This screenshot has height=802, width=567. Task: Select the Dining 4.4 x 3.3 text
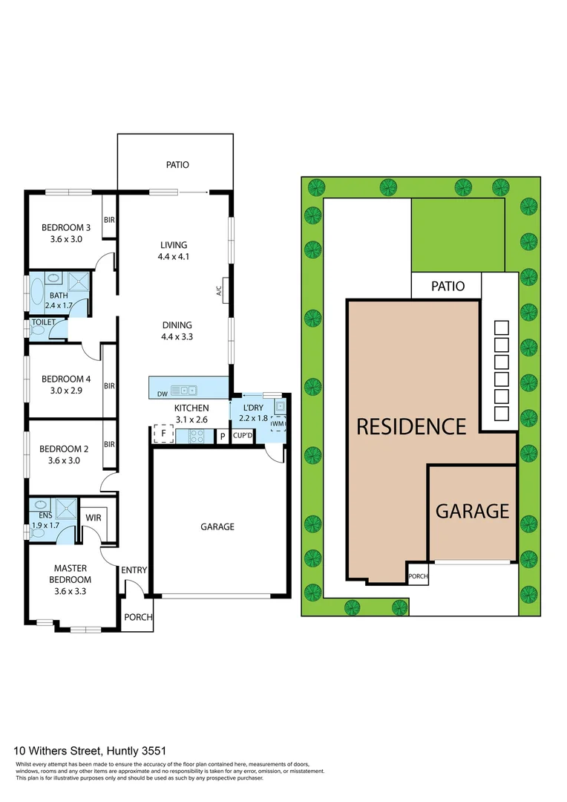coord(177,330)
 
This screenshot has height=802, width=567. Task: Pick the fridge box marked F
coord(163,433)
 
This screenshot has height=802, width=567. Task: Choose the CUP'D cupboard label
coord(243,436)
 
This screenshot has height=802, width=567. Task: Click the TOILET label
coord(43,323)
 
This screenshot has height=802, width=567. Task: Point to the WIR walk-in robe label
coord(94,518)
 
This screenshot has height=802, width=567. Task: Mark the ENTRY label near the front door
coord(134,570)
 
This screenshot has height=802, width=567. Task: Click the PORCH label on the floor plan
coord(138,617)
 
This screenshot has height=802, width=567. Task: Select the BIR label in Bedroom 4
coord(109,386)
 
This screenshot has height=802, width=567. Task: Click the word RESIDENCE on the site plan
coord(411,427)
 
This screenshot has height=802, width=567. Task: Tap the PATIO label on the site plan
coord(447,286)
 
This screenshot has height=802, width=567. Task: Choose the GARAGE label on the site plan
coord(472,511)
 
